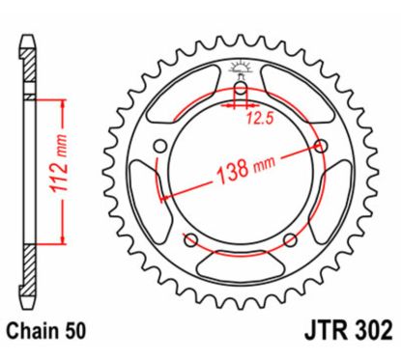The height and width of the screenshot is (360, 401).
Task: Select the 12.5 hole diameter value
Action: [x=257, y=121]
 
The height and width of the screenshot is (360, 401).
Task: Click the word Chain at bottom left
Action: [x=40, y=331]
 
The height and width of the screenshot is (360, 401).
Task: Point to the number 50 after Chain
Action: [x=76, y=331]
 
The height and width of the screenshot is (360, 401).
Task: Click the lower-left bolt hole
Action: [x=190, y=239]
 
